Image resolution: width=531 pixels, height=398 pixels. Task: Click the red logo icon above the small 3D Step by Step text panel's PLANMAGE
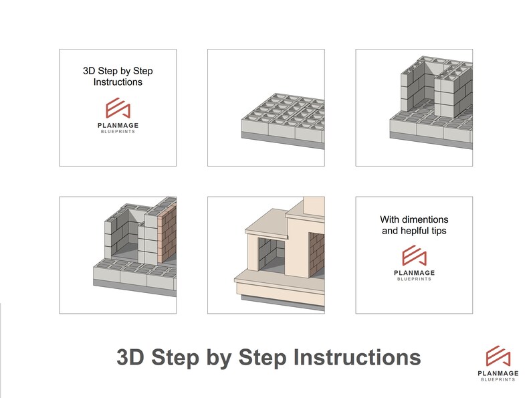pos(118,108)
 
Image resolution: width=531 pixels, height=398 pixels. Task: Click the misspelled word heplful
pos(419,231)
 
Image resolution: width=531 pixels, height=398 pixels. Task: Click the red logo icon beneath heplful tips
pos(414,256)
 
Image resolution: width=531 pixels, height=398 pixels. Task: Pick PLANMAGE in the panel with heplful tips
pos(414,273)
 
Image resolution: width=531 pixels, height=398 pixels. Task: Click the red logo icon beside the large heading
pos(498,357)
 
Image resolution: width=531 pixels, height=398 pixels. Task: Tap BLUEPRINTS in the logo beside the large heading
pos(498,380)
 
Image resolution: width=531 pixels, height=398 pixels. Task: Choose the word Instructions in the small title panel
pos(118,82)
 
